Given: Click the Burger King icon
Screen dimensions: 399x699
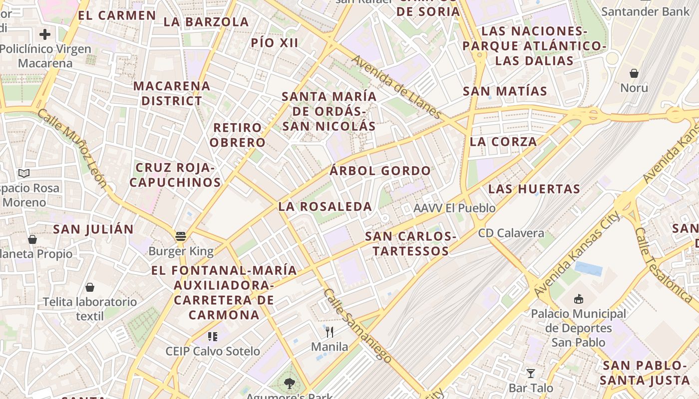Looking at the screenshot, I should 181,236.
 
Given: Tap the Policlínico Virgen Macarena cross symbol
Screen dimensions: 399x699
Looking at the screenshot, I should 45,34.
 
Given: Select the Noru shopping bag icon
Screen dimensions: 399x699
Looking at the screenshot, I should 634,73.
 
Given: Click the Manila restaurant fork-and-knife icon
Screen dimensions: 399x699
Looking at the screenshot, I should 330,332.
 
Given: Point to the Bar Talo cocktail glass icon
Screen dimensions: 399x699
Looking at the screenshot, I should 531,373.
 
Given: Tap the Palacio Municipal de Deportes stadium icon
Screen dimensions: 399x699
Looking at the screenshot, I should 579,299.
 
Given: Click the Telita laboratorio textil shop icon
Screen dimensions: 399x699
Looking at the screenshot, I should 90,287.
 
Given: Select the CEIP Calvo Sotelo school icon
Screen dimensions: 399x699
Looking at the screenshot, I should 213,337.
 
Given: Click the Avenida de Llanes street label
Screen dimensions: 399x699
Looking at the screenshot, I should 396,87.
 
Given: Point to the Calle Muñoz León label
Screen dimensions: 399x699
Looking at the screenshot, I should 72,148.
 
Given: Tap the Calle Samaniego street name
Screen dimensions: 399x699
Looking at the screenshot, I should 357,325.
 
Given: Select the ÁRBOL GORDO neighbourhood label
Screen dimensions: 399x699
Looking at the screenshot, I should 380,171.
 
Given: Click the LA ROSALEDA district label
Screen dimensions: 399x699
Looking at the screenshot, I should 325,206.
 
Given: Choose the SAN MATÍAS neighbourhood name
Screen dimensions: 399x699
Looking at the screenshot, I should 505,91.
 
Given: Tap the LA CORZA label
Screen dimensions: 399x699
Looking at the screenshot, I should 503,142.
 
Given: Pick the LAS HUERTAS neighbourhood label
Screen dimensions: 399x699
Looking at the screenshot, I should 534,189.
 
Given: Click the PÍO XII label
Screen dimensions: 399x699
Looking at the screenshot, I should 275,43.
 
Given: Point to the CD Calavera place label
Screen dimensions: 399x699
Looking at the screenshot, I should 511,233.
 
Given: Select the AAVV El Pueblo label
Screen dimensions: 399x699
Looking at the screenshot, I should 454,208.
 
